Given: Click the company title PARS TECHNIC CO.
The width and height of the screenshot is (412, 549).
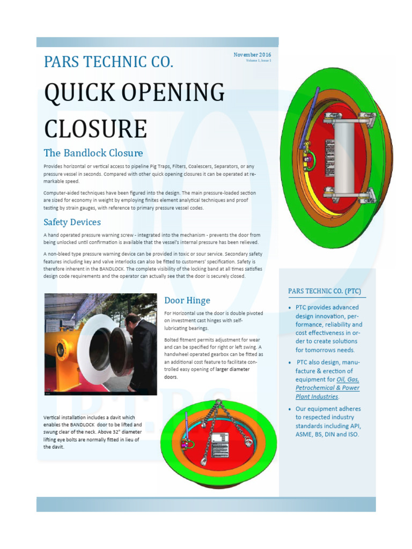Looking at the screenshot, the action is [x=108, y=62].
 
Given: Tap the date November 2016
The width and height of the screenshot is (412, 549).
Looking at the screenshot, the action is [x=252, y=55].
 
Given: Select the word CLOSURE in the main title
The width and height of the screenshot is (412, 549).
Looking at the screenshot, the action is [x=95, y=129].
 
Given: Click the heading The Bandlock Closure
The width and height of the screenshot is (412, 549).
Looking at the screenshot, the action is [x=93, y=153].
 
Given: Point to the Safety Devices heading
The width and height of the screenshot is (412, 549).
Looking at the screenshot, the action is [x=72, y=222].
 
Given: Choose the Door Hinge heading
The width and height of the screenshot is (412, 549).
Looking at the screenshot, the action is [x=187, y=300].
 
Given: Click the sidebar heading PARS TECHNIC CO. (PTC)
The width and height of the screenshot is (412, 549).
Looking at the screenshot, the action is [x=327, y=291].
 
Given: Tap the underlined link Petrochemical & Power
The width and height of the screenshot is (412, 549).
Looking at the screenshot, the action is [x=327, y=388].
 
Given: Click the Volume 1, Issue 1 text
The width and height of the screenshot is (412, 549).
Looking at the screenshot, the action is [x=259, y=61].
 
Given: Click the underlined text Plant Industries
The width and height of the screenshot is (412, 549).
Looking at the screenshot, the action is [x=317, y=397].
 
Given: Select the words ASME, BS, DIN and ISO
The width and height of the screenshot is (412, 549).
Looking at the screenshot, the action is [x=327, y=434].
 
